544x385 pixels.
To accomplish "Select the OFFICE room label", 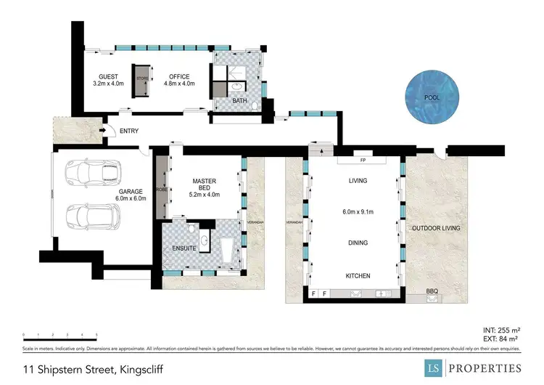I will click(x=178, y=77).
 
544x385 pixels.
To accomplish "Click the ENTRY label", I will click(x=128, y=131).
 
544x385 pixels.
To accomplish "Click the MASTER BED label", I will click(x=204, y=187).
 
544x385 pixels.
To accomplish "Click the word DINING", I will click(x=358, y=243).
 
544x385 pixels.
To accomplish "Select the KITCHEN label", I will click(x=358, y=275).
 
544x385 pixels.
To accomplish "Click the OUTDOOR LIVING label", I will click(x=436, y=228).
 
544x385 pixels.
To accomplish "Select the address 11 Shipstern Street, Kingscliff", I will click(x=93, y=369).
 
